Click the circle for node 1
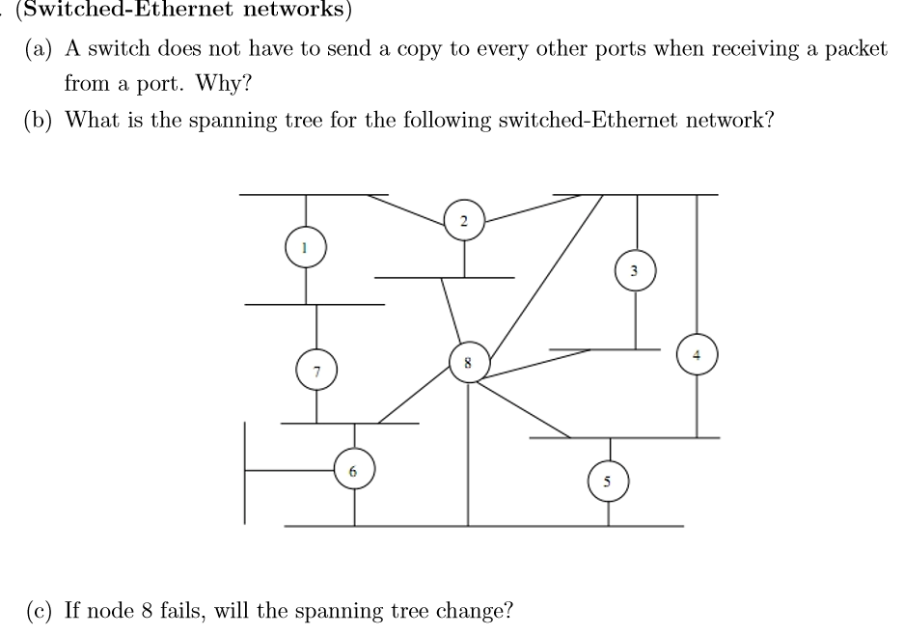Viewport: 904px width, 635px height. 306,248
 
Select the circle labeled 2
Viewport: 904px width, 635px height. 464,221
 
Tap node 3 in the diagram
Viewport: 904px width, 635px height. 634,270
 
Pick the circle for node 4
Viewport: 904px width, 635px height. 697,352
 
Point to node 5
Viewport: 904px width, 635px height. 609,480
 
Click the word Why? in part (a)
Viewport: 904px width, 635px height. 223,84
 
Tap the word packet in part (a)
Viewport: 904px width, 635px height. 856,49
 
